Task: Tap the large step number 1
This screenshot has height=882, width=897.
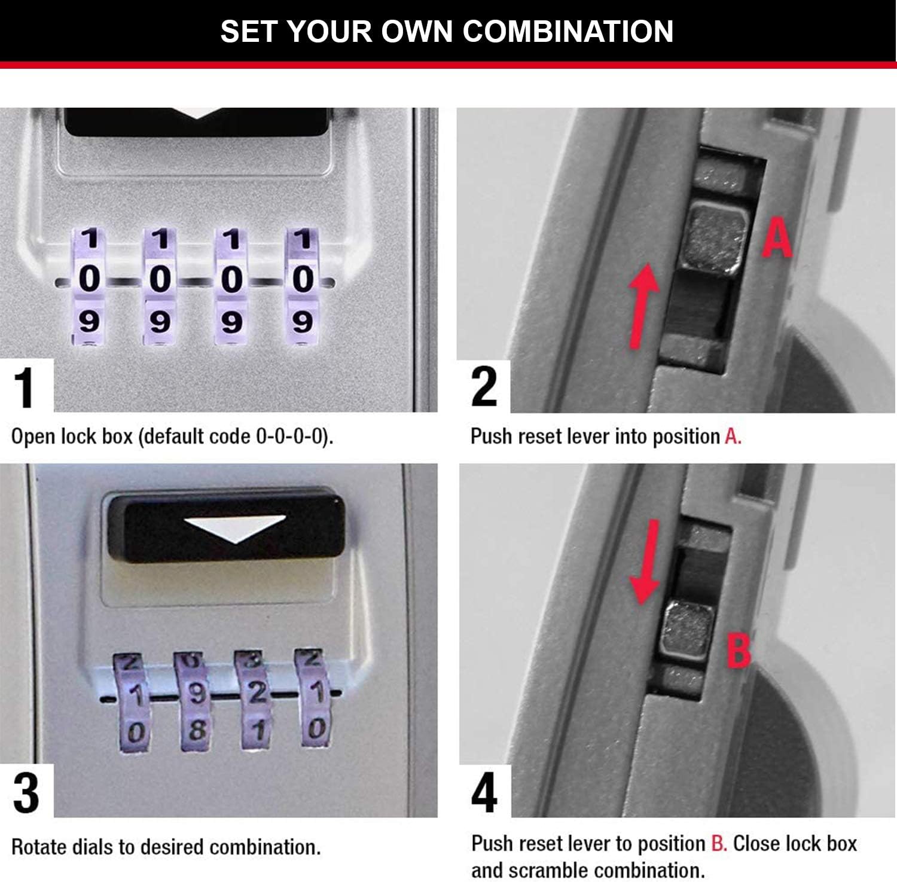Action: (x=25, y=388)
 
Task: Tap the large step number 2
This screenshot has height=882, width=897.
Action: (x=484, y=387)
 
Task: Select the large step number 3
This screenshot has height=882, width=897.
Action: (x=26, y=793)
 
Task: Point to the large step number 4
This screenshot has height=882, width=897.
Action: (x=484, y=793)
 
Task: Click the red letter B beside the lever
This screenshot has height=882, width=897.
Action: (x=739, y=651)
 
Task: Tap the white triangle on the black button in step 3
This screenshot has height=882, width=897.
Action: (x=234, y=528)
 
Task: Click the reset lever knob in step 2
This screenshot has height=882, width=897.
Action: (x=716, y=238)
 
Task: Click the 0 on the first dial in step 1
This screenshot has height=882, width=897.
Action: (x=89, y=279)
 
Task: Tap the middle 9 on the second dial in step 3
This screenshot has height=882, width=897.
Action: (x=197, y=693)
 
